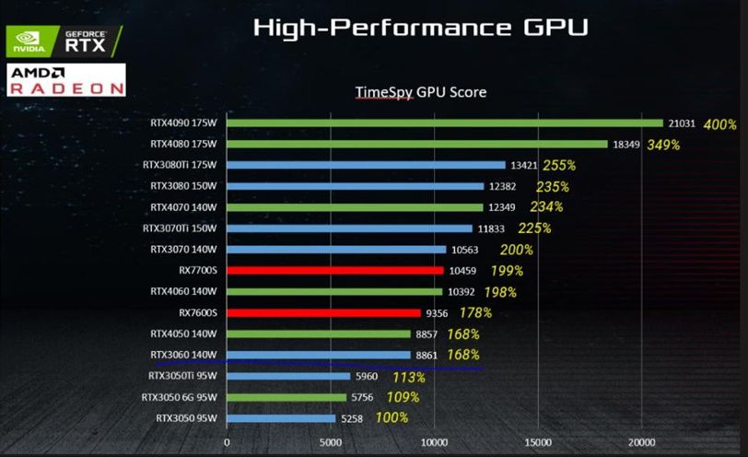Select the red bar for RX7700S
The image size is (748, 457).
coord(334,271)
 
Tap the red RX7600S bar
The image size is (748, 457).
coord(323,312)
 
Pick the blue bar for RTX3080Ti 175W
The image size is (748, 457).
coord(366,165)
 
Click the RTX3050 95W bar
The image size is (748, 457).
coord(281,418)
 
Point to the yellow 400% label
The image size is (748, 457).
coord(719,123)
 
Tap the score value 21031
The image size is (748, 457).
coord(683,123)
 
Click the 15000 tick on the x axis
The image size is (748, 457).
coord(539,441)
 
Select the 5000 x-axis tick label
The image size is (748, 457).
coord(331,441)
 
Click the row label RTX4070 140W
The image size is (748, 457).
coord(182,207)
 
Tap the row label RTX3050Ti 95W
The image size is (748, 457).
coord(181,376)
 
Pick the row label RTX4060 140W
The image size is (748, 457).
coord(182,291)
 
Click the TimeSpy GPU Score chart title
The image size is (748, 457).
coord(421,92)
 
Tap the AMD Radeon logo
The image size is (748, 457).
coord(65,80)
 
